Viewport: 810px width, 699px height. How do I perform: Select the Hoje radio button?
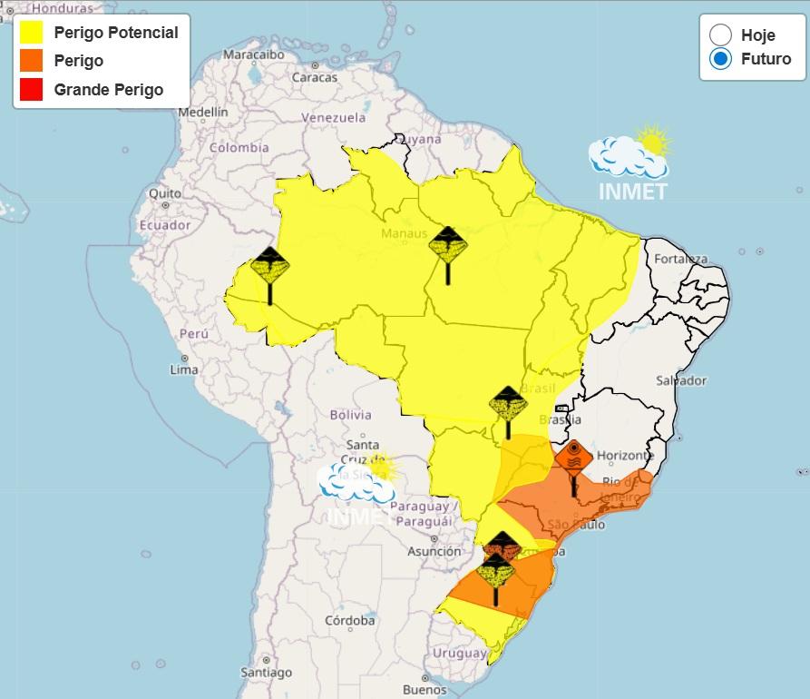(x=721, y=35)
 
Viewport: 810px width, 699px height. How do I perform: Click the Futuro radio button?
(x=721, y=59)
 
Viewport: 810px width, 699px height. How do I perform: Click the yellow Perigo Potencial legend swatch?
(x=32, y=33)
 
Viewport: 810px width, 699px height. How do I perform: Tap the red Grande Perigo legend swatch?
(x=32, y=89)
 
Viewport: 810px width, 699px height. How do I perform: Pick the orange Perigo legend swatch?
(x=32, y=61)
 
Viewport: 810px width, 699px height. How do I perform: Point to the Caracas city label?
(x=314, y=77)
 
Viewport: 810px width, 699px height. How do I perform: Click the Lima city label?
(x=184, y=369)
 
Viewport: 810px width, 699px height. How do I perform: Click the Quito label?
(x=165, y=193)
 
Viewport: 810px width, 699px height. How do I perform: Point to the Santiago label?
(x=267, y=673)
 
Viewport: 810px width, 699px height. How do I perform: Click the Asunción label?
(x=434, y=551)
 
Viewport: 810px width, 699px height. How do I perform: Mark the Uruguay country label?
(x=460, y=654)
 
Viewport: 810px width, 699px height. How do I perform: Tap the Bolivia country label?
(x=350, y=415)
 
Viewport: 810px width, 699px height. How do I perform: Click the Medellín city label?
(x=203, y=113)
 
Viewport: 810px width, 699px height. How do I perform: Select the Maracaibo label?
(x=254, y=54)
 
